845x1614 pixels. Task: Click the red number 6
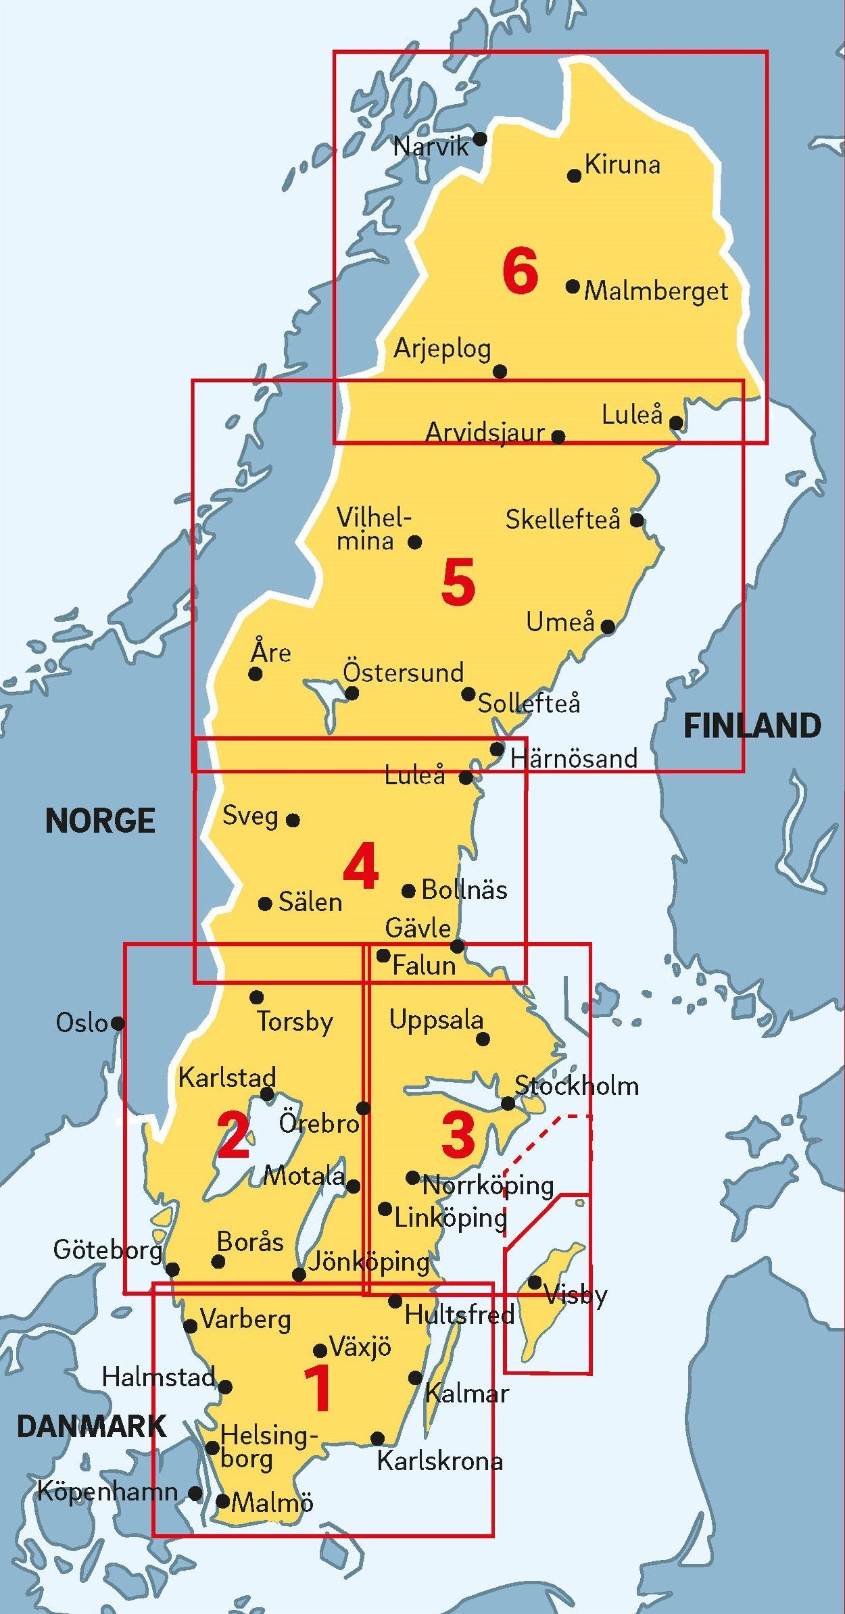tap(520, 271)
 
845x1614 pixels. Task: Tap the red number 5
tap(458, 582)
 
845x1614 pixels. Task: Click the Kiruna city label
tap(622, 164)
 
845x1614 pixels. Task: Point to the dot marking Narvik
tap(480, 139)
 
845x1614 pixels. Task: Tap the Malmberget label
tap(656, 291)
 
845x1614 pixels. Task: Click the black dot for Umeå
tap(608, 627)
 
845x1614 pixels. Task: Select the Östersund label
tap(404, 672)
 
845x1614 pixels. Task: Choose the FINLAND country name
tap(752, 726)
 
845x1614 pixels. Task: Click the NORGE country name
tap(100, 821)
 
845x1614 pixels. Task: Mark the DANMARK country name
tap(91, 1426)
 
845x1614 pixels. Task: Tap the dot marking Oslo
tap(118, 1023)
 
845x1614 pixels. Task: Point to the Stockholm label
tap(577, 1085)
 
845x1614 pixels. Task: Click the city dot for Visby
tap(534, 1282)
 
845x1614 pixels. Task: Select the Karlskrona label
tap(439, 1461)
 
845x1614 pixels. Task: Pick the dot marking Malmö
tap(222, 1501)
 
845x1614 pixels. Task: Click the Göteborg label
tap(108, 1250)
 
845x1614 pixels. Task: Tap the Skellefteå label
tap(562, 520)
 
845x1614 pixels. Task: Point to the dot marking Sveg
tap(293, 821)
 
